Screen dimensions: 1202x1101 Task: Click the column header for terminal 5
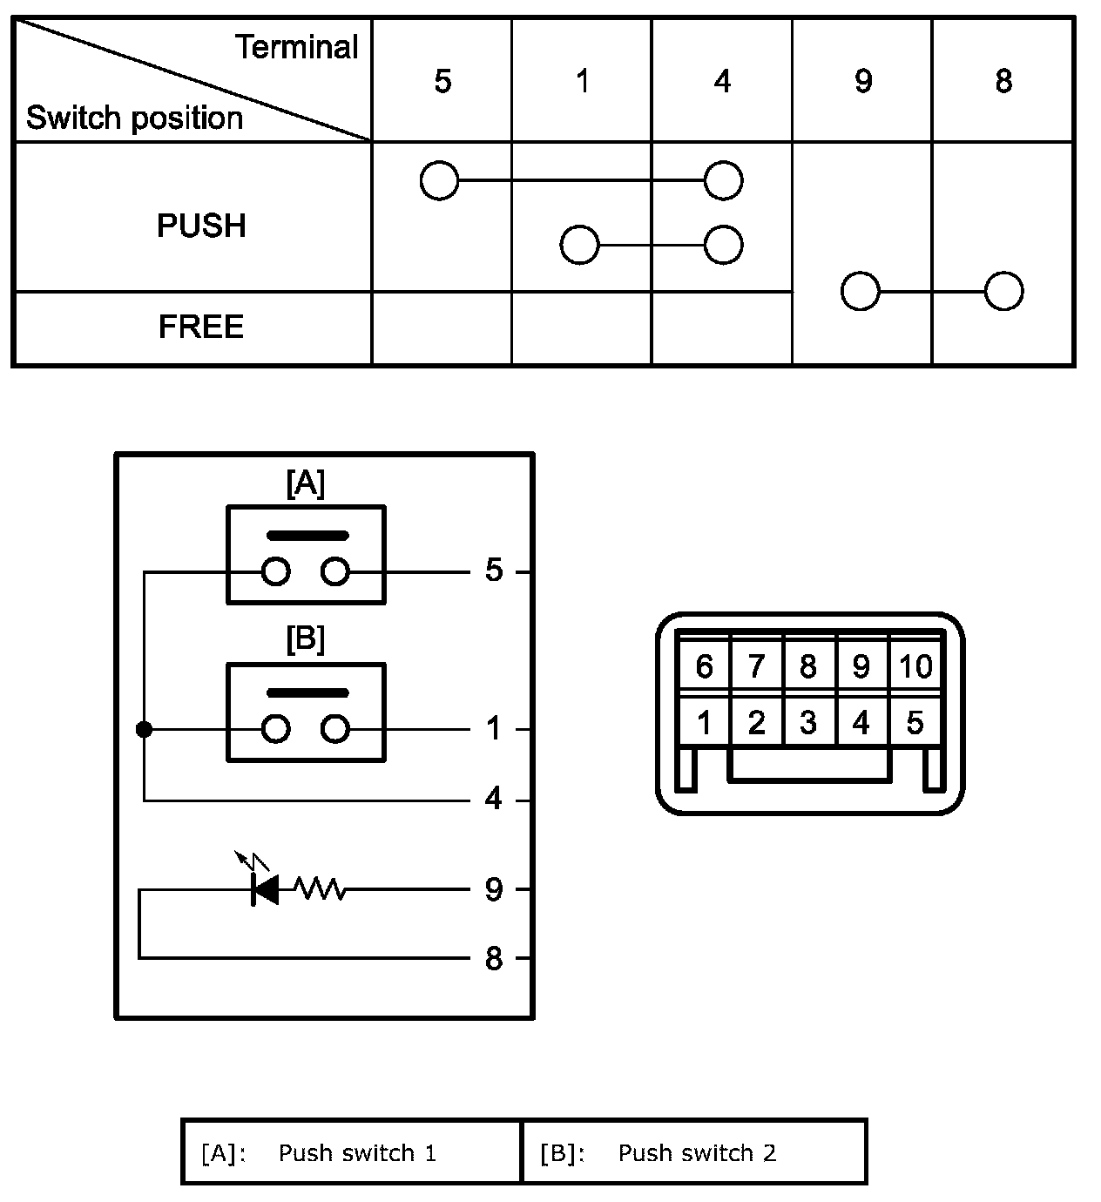tap(442, 81)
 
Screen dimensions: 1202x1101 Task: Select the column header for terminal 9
tap(862, 81)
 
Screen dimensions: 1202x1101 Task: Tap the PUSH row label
tap(201, 226)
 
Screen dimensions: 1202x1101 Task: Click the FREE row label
tap(201, 327)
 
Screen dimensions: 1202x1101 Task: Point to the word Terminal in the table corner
tap(296, 47)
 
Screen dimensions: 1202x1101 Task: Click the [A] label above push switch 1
tap(305, 483)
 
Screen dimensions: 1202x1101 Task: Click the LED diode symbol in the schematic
tap(264, 889)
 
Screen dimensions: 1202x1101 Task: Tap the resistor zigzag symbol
tap(321, 889)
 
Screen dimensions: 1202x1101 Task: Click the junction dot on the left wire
tap(145, 729)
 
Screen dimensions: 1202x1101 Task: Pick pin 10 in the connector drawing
tap(915, 667)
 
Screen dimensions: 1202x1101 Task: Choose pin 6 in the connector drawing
tap(704, 667)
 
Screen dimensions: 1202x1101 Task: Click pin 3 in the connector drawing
tap(808, 723)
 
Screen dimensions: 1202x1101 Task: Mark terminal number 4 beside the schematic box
tap(494, 799)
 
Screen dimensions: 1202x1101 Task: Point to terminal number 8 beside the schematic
tap(494, 959)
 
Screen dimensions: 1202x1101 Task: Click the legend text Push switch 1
tap(357, 1153)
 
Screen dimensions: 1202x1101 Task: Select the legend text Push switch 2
tap(697, 1153)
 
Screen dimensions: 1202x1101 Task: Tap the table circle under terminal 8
tap(1003, 292)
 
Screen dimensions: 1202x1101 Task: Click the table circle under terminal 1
tap(580, 245)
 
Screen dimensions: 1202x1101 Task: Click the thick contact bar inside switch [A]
tap(307, 535)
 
